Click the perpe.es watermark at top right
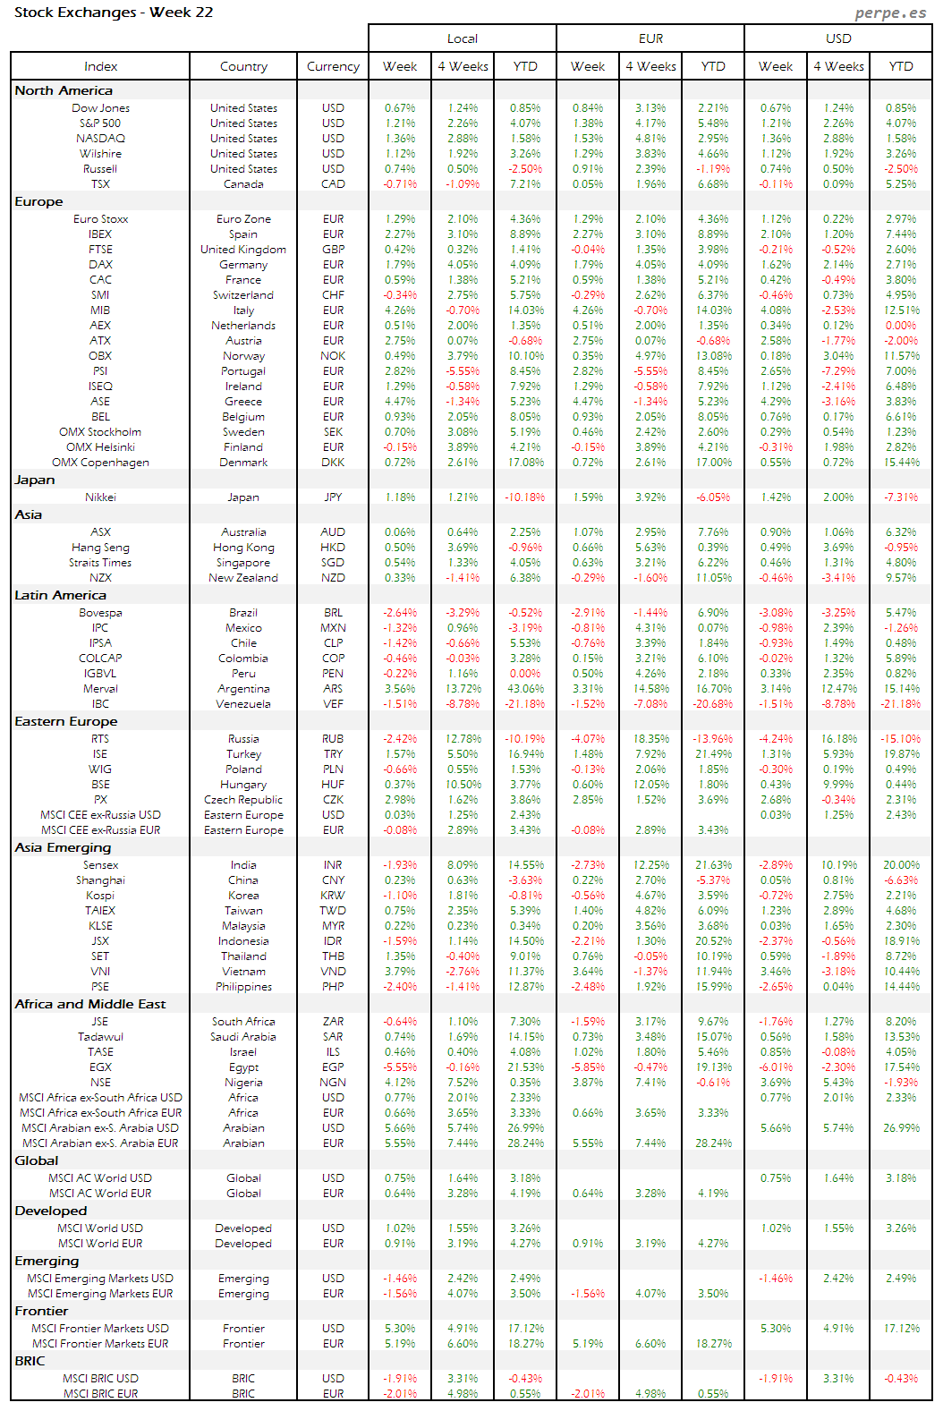889,13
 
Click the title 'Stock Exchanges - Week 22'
114,13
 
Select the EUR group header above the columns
650,38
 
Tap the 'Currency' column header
333,66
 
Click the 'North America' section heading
64,90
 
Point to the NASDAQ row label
100,139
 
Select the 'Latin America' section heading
60,595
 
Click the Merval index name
100,689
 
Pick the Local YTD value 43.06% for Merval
525,689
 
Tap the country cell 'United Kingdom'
243,250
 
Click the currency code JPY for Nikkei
333,497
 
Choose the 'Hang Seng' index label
100,548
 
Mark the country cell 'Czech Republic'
243,800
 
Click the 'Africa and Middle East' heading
89,1004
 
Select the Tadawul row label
100,1037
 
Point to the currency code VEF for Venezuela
333,704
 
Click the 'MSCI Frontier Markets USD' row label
100,1329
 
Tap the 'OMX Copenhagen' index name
100,463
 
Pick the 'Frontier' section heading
41,1311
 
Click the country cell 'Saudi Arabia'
243,1037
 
